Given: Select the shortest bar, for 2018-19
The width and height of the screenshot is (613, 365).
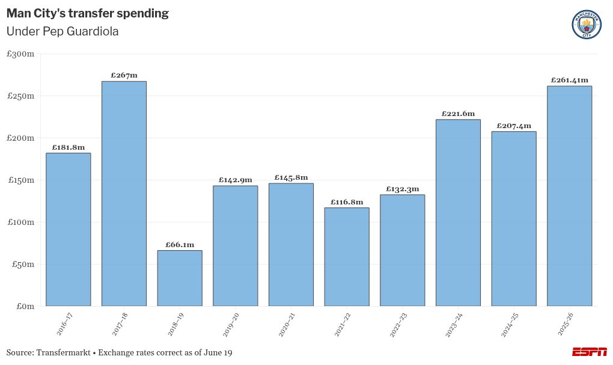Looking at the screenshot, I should point(180,278).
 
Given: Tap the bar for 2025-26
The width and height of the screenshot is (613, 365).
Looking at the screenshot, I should point(569,196).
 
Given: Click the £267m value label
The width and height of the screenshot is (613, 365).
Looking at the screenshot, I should point(124,75).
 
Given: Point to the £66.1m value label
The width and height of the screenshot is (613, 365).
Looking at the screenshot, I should point(180,245).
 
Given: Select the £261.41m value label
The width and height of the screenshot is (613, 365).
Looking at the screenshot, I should point(569,80).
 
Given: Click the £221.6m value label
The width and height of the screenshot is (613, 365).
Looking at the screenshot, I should point(458,114).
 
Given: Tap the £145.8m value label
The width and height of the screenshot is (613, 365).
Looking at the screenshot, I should point(291,177).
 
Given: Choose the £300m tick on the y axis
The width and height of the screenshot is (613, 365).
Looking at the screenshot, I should point(20,54).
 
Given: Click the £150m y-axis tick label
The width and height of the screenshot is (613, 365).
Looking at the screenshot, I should point(20,180).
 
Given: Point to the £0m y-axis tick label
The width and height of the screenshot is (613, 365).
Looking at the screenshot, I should point(25,307).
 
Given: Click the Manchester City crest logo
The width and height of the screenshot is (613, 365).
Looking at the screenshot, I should point(586,25).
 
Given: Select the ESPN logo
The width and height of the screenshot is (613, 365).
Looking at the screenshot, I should point(589,352).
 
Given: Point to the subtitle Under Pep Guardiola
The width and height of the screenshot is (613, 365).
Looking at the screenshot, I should point(63,32).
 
